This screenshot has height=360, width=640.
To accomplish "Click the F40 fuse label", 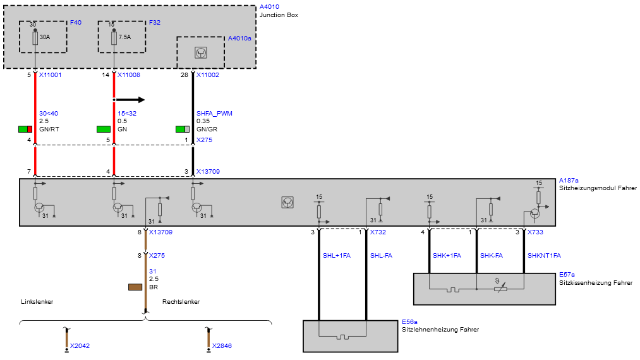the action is click(x=76, y=23).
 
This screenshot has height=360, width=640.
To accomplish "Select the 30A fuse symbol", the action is click(x=35, y=39).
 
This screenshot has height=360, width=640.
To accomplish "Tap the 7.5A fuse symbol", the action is click(x=114, y=39).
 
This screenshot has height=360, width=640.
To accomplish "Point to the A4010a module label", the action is click(x=239, y=39).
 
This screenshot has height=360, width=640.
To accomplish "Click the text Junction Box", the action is click(x=279, y=15).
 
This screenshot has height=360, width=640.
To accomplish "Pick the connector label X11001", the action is click(x=50, y=75).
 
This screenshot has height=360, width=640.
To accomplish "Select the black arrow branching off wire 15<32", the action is click(x=130, y=100).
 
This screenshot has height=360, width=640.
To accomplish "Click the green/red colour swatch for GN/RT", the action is click(x=25, y=129).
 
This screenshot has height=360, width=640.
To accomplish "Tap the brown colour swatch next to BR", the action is click(x=135, y=287).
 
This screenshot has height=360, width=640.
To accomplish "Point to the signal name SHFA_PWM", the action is click(x=214, y=114).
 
